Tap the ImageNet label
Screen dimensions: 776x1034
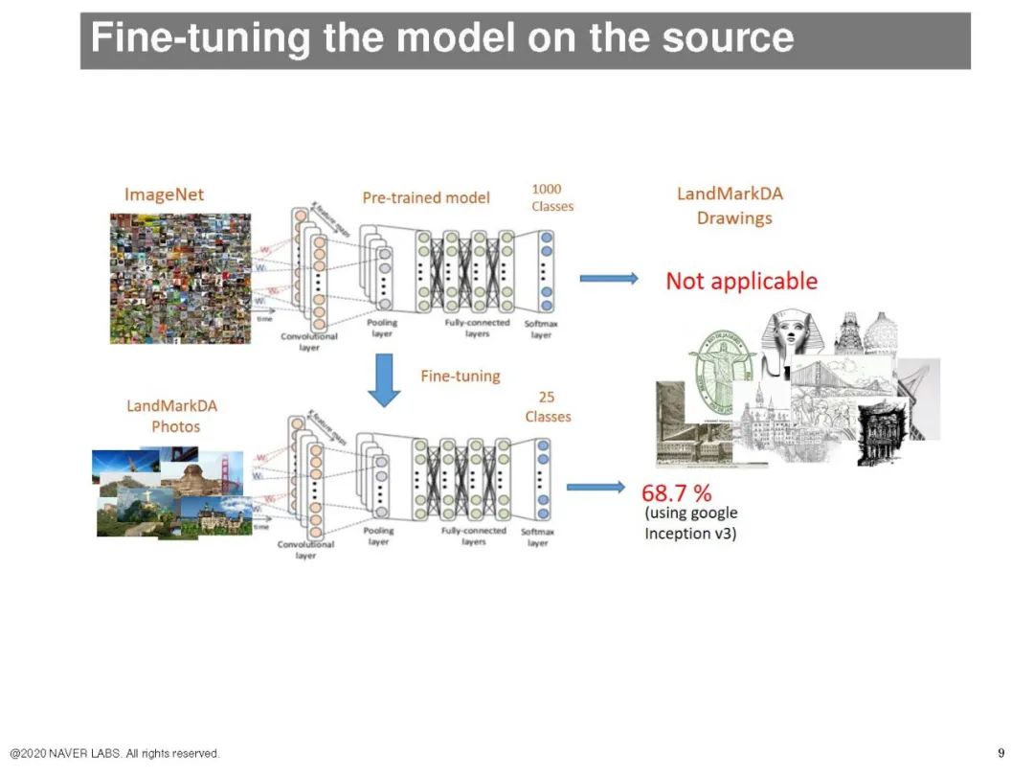click(x=164, y=194)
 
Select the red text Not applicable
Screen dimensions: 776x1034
click(x=741, y=281)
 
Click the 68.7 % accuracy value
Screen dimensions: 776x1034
click(x=677, y=493)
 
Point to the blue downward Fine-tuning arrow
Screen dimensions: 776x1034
click(x=384, y=379)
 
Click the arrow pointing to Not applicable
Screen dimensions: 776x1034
click(x=609, y=278)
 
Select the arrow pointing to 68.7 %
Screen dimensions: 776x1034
click(x=595, y=488)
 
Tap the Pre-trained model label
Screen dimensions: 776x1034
click(x=426, y=197)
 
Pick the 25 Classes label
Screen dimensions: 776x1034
click(x=548, y=407)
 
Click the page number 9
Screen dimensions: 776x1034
click(x=1000, y=752)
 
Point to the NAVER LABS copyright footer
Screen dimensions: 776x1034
click(x=115, y=753)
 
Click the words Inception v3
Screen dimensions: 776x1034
click(x=690, y=533)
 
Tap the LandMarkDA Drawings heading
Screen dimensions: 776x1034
click(x=731, y=205)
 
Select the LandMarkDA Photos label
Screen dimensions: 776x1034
click(x=172, y=416)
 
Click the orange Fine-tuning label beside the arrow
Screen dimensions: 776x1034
click(x=461, y=376)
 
